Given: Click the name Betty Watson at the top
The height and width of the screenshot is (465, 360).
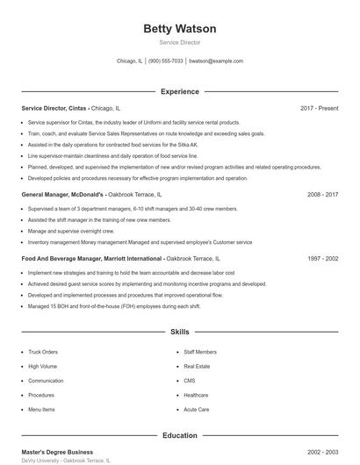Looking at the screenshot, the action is click(x=179, y=29).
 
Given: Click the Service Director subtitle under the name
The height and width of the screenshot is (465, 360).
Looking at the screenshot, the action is click(x=179, y=42).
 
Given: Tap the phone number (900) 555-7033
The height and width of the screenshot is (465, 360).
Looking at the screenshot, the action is click(x=166, y=61).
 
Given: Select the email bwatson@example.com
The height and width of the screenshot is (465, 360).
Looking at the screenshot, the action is click(x=216, y=61).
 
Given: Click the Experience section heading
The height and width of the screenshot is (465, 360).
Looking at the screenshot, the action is click(x=179, y=91).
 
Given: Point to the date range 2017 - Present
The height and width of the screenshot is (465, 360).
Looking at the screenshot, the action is click(x=319, y=108).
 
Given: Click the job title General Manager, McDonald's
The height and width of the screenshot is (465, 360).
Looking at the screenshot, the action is click(x=62, y=194).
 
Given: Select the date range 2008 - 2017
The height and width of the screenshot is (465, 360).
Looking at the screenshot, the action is click(x=322, y=194).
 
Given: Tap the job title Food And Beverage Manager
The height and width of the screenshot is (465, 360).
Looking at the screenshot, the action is click(x=67, y=259).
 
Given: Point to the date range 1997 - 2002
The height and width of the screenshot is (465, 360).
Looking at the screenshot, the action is click(x=322, y=259).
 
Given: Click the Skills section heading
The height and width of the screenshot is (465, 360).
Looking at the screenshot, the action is click(x=179, y=333).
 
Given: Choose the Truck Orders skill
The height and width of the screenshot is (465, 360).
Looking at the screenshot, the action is click(x=43, y=352).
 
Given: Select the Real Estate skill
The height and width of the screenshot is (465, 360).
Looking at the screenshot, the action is click(x=197, y=366).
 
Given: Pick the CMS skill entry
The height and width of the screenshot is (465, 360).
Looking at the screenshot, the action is click(x=190, y=381).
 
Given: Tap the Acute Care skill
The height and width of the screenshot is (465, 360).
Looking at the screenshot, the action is click(x=197, y=410).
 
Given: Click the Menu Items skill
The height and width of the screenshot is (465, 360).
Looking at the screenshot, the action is click(x=41, y=410).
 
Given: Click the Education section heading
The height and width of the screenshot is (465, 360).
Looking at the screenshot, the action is click(x=179, y=435).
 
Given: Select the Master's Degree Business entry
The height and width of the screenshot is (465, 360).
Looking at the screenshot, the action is click(x=57, y=452).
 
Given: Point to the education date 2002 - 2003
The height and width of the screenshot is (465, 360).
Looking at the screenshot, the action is click(x=322, y=452).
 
